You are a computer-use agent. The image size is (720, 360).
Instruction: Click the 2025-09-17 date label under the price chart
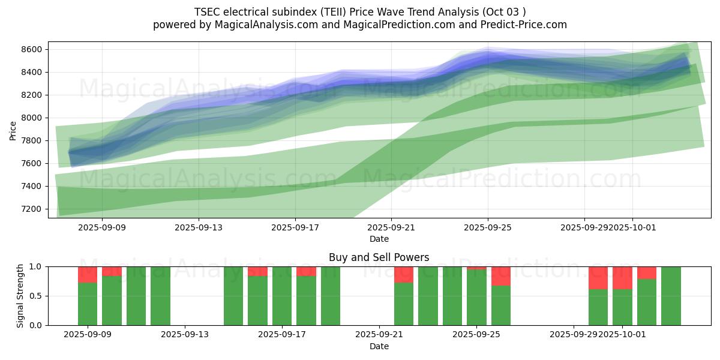click(295, 228)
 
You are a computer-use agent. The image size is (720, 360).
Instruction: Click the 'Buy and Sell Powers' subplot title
click(379, 257)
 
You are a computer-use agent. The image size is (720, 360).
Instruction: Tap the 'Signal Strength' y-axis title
click(20, 296)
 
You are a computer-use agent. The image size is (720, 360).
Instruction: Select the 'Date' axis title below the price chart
click(379, 239)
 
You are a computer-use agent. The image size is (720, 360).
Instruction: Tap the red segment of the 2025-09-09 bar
click(88, 274)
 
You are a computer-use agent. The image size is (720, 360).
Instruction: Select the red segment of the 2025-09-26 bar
click(501, 276)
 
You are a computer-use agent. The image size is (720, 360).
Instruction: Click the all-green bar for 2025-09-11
click(136, 296)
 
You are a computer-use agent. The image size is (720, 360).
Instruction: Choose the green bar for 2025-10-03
click(671, 296)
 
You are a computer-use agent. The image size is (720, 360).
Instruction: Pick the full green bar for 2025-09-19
click(331, 296)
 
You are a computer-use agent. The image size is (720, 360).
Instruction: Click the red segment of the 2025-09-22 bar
click(404, 274)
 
